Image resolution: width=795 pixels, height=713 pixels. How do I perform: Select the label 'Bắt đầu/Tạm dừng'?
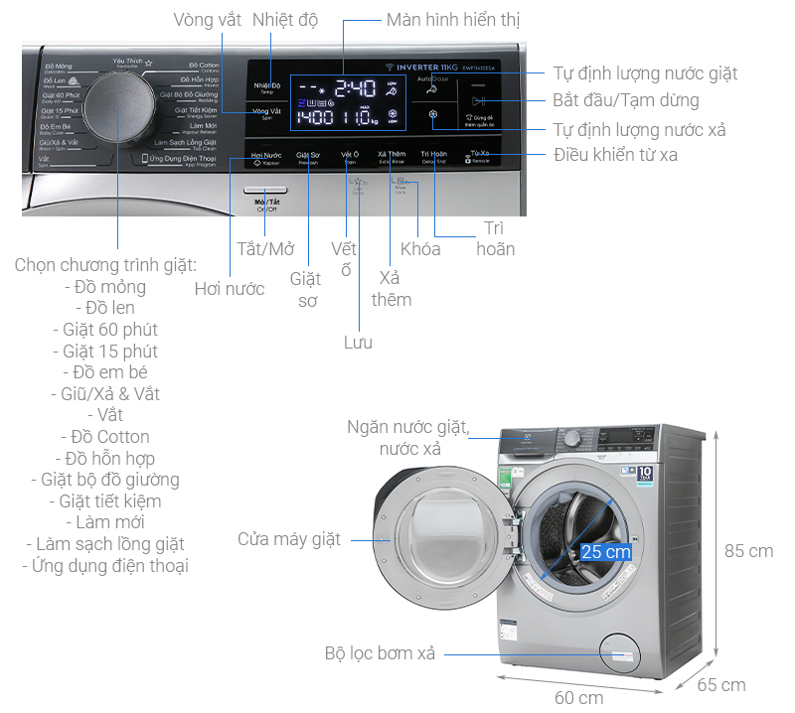click(625, 100)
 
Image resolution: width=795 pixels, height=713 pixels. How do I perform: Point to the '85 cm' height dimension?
click(748, 550)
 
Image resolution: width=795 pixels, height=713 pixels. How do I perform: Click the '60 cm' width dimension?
click(578, 697)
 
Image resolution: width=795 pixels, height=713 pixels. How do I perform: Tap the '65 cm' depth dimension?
click(720, 685)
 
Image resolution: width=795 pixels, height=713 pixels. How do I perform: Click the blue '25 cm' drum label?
click(606, 551)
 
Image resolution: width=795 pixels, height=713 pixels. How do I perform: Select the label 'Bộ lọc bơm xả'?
click(380, 653)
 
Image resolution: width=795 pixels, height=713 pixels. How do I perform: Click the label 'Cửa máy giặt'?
click(288, 539)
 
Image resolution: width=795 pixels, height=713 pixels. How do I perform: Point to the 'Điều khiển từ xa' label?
click(616, 154)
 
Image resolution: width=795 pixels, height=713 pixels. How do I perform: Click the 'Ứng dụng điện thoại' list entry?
click(105, 566)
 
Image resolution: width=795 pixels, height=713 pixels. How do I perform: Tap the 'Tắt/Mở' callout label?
click(265, 248)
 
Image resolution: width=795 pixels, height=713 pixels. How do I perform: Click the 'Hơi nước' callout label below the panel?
click(230, 289)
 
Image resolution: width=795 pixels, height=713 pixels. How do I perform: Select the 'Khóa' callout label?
click(420, 248)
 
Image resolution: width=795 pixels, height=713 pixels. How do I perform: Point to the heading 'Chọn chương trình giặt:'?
click(105, 265)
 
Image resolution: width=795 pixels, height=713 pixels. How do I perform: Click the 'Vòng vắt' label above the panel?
click(207, 20)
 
